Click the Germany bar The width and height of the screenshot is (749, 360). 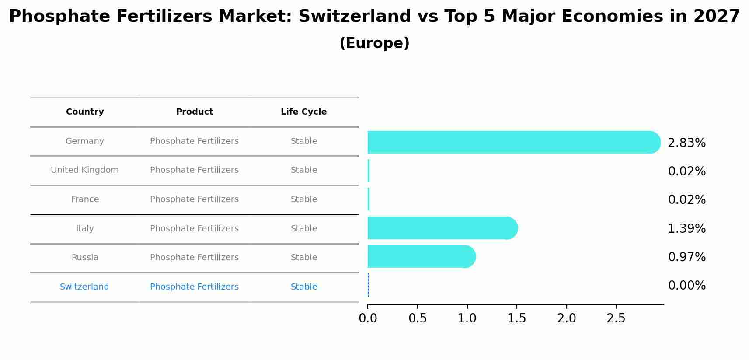[512, 142]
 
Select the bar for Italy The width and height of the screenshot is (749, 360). [442, 228]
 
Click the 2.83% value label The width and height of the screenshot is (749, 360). [686, 143]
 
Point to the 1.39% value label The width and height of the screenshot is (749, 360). [686, 228]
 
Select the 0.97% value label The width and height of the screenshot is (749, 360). [686, 257]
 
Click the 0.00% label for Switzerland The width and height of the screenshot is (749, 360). [686, 286]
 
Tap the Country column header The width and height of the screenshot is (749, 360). [85, 112]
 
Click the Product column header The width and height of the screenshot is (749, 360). [194, 112]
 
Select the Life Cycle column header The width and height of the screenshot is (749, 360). [303, 112]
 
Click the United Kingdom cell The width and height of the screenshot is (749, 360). [85, 170]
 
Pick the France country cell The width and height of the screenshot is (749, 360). [85, 199]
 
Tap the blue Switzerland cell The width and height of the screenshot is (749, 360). [84, 287]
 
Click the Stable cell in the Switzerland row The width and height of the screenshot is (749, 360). [304, 287]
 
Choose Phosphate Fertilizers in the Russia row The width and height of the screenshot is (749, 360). [194, 258]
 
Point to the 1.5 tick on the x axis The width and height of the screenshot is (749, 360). [517, 318]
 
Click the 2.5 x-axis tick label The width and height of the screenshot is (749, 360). [616, 318]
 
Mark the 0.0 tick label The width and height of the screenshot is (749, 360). [368, 318]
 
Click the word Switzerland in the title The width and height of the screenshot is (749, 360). [355, 17]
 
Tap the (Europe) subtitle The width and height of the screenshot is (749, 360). [374, 43]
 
